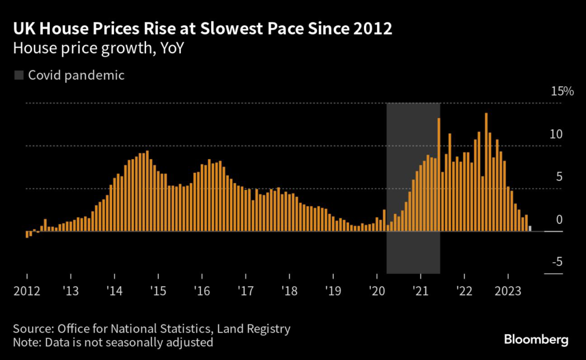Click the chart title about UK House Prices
point(203,29)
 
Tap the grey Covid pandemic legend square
point(19,75)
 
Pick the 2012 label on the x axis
point(26,291)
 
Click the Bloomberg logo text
point(536,340)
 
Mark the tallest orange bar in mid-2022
point(486,172)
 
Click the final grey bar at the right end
point(530,229)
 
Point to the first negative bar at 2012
point(26,235)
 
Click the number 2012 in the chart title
point(373,29)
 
